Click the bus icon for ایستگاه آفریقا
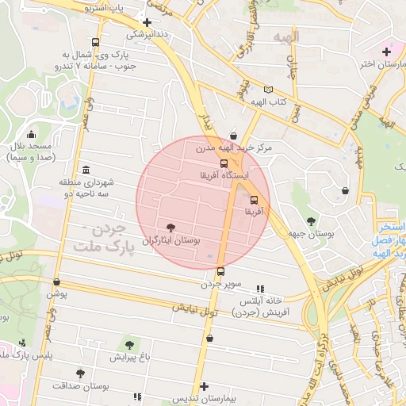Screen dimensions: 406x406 224,164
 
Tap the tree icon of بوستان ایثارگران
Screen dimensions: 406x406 171,227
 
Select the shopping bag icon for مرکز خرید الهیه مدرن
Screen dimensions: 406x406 232,136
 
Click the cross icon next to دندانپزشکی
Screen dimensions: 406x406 147,22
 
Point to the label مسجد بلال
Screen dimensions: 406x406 30,147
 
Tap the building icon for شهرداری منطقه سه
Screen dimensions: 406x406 86,170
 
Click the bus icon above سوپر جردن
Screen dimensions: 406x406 220,270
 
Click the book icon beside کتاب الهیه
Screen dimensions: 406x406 268,90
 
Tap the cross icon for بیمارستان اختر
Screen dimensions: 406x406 386,52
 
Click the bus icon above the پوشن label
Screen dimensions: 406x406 56,282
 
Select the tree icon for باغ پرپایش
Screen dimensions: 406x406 129,345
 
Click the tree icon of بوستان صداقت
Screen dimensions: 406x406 79,373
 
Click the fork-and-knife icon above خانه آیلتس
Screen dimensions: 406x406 260,289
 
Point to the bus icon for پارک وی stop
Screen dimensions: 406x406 96,43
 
